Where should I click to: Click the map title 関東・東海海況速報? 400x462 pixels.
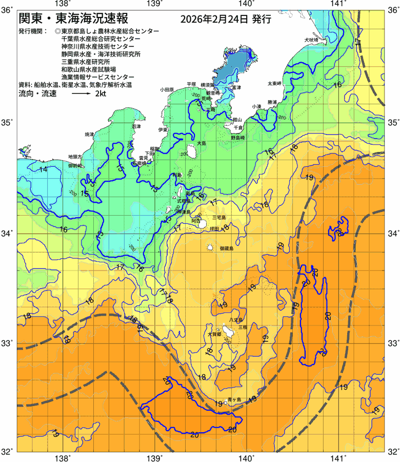76,19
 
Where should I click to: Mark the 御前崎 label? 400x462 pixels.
75,166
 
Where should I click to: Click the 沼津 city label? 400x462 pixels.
136,126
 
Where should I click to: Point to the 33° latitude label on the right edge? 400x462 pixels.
392,343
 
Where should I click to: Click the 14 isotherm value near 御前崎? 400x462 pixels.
43,169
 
